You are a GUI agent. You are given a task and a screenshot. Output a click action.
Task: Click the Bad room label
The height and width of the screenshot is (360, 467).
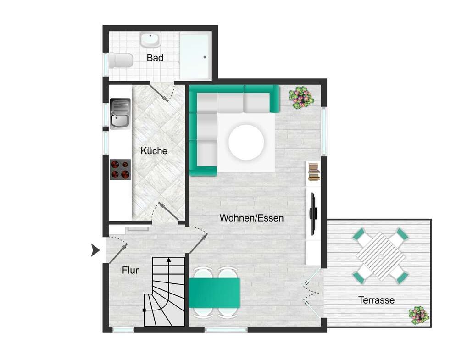click(155, 57)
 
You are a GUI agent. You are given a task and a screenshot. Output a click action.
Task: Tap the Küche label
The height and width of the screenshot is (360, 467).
click(154, 151)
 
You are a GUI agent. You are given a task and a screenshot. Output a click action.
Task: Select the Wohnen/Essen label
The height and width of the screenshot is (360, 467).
click(251, 218)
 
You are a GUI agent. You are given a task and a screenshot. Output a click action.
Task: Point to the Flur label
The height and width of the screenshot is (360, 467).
click(130, 270)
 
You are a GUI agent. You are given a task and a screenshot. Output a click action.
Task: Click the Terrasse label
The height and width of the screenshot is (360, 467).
click(376, 300)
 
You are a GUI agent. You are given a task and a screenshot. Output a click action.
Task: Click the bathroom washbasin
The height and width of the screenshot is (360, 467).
click(150, 39)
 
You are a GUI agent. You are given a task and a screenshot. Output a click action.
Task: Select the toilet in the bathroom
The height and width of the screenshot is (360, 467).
click(121, 61)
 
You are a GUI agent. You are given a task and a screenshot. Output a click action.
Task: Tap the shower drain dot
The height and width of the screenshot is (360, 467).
click(205, 57)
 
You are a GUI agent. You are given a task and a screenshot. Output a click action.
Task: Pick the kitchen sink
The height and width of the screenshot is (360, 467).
click(120, 114)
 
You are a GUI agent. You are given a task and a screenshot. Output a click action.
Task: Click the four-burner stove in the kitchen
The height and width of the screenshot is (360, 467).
click(120, 169)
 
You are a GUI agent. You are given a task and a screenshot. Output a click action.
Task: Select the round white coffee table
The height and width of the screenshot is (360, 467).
click(246, 142)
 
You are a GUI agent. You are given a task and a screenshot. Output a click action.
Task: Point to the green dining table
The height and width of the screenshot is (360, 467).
click(214, 293)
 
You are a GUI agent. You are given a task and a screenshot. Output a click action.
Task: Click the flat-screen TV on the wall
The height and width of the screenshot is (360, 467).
click(313, 213)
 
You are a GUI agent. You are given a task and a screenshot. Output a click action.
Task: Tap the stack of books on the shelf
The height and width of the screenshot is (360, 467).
click(314, 172)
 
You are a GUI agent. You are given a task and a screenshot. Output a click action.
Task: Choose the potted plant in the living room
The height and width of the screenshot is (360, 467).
click(301, 97)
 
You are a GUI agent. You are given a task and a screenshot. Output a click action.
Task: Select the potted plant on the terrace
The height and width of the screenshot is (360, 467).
click(419, 315)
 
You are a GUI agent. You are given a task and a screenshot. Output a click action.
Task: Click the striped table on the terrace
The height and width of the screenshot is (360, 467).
click(380, 256)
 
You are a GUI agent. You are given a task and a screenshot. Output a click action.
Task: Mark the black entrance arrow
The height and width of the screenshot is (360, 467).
click(95, 250)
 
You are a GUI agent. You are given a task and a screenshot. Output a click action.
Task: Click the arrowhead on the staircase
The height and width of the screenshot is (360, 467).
click(168, 260)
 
